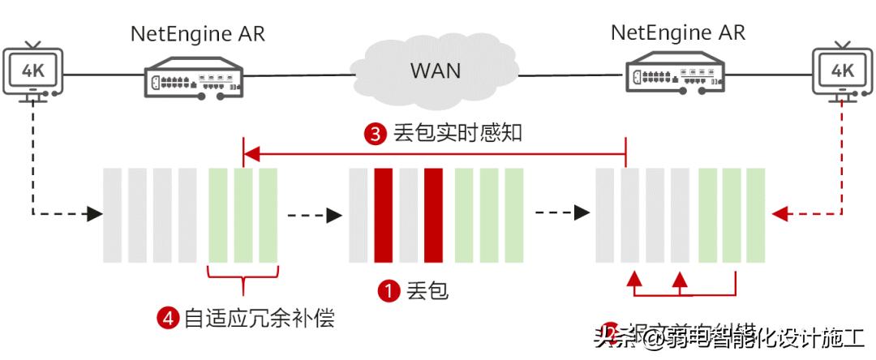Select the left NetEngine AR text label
[198, 34]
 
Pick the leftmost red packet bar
[384, 215]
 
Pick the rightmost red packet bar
[433, 215]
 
